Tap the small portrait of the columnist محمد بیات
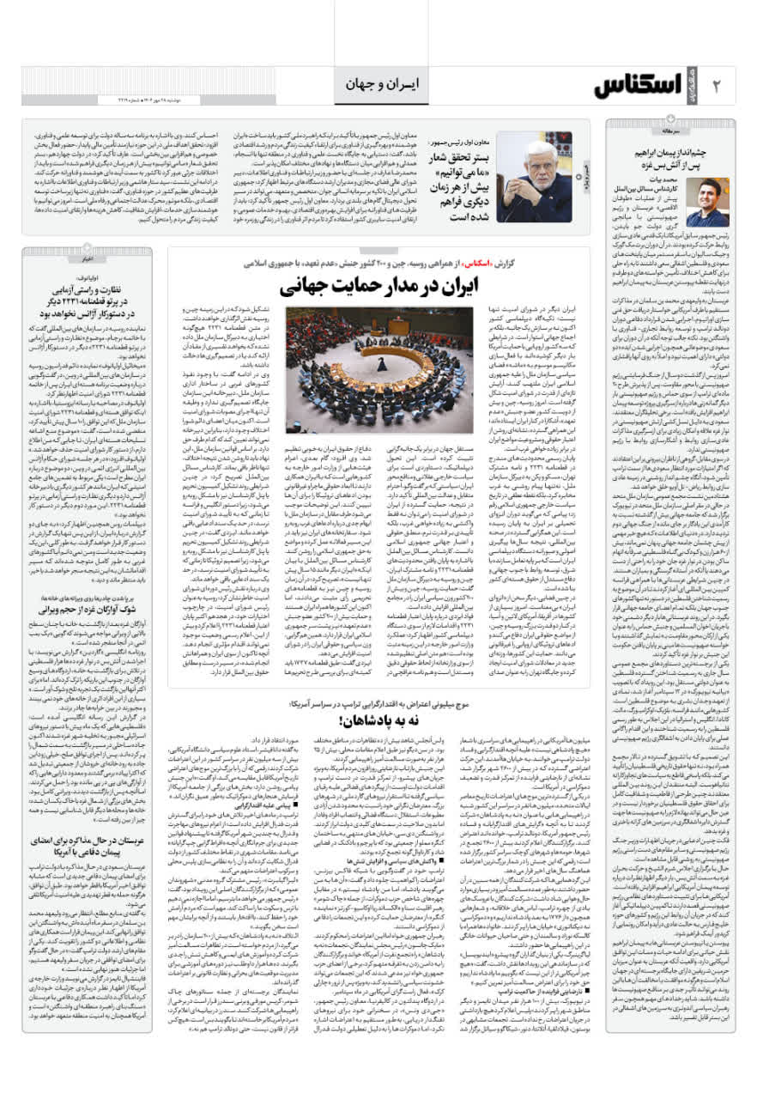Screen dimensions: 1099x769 pyautogui.click(x=709, y=203)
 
